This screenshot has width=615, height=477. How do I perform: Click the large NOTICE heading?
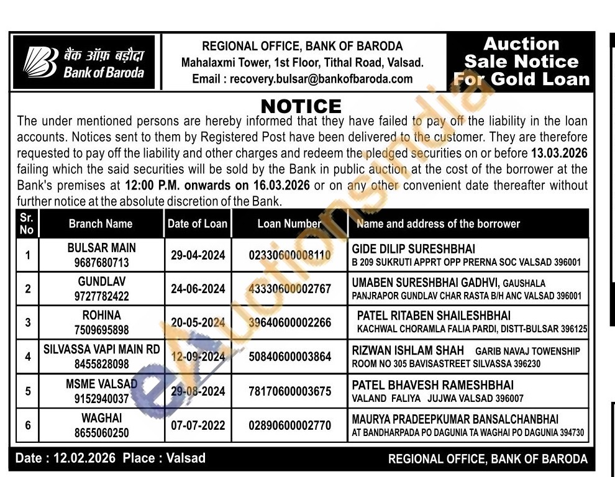coord(301,106)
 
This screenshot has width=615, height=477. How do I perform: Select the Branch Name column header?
coord(101,224)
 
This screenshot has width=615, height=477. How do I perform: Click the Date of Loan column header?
coord(198,224)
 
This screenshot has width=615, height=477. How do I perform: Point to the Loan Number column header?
coord(289,224)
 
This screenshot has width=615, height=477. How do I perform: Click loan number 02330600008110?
coord(289,255)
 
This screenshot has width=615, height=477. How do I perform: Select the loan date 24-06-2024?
coord(198,289)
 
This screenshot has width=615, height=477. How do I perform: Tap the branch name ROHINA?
coord(101,316)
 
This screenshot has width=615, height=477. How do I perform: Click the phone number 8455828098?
coord(101,364)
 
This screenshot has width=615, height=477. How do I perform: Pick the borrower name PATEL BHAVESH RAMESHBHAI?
coord(432,385)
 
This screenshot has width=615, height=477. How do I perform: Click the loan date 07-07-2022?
coord(198,425)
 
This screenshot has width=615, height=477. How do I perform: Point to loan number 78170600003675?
coord(289,391)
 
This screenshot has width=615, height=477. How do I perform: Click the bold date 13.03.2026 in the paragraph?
coord(559,153)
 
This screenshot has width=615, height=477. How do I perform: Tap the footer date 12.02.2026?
coord(85,458)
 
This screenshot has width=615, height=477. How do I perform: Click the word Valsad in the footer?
coord(186,458)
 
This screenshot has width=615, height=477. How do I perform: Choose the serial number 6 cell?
coord(27,425)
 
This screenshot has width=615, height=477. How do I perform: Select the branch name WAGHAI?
coord(101,419)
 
